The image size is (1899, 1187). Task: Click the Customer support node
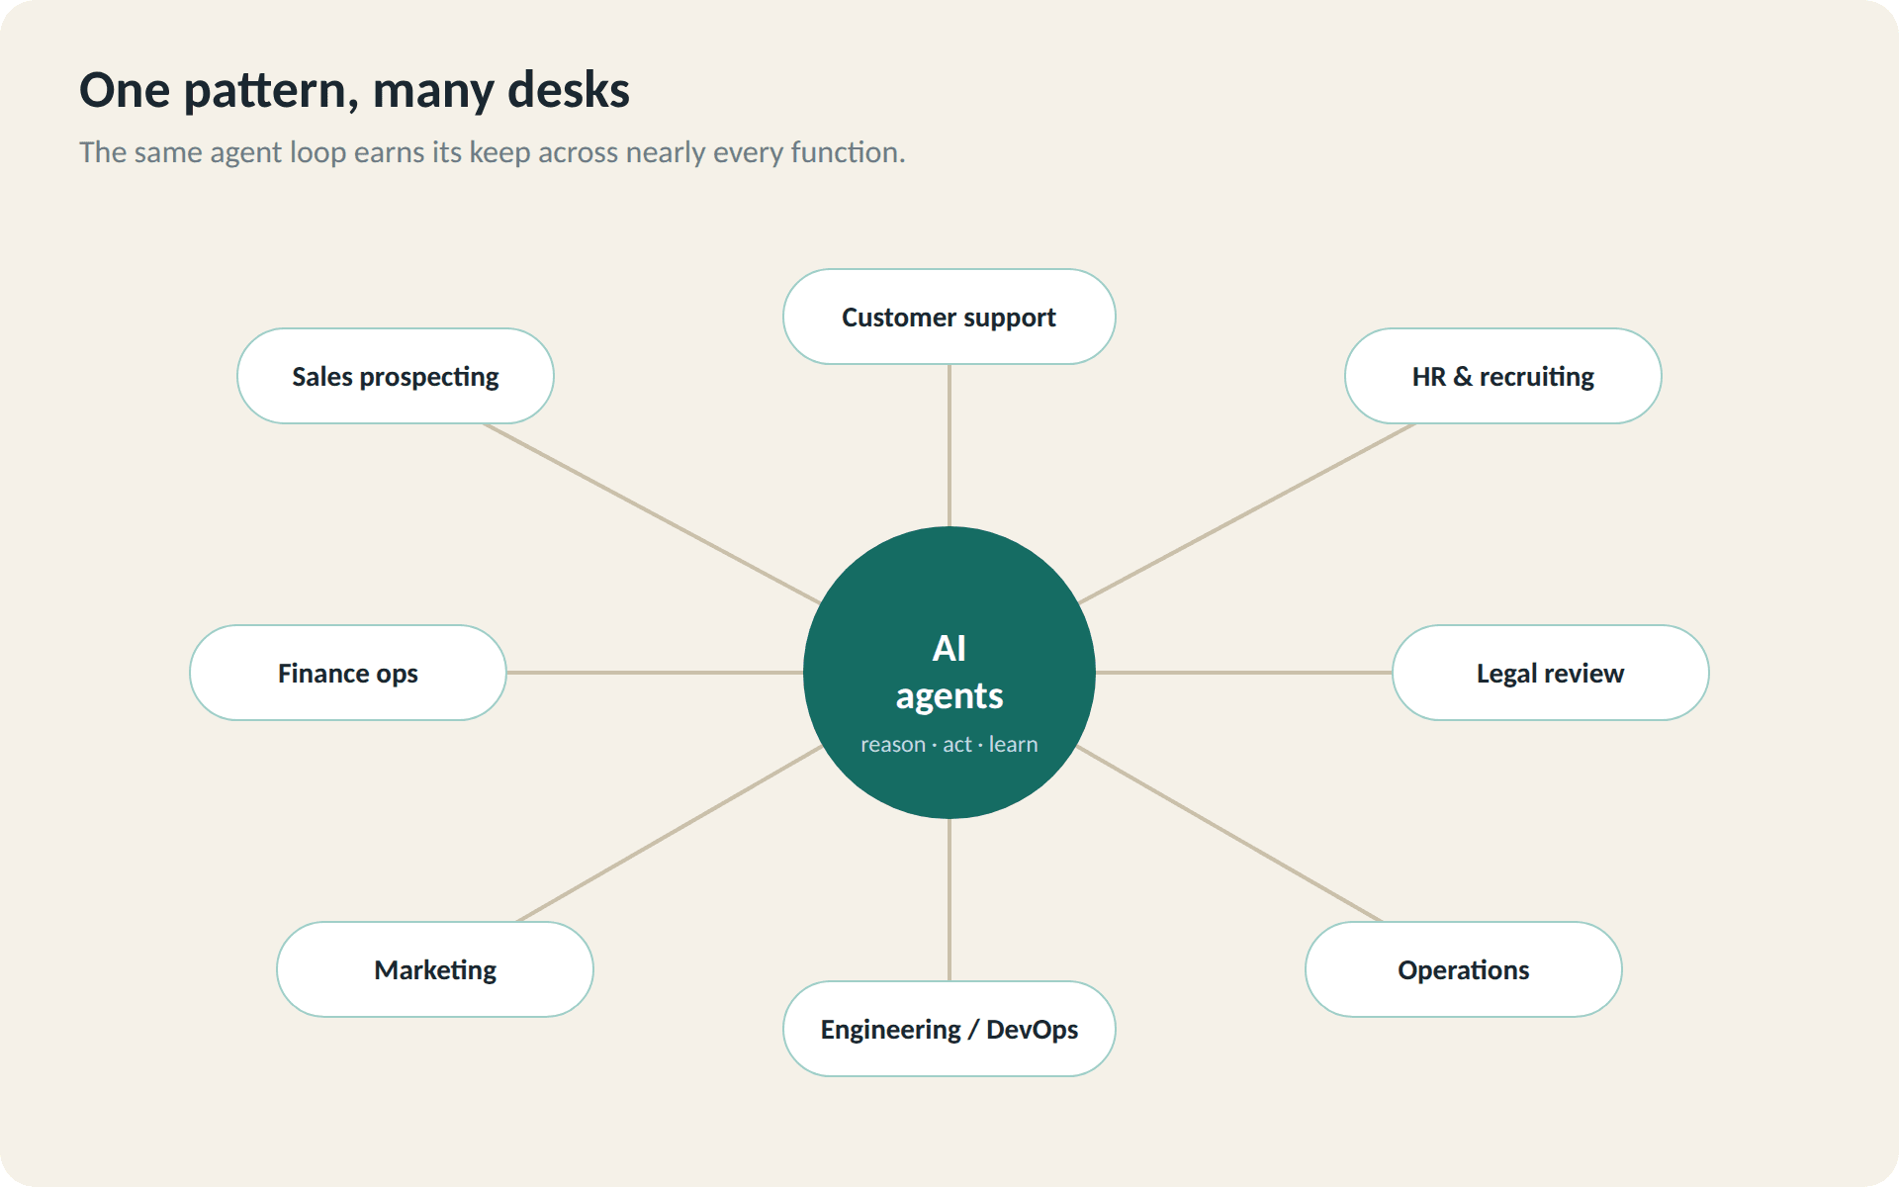coord(949,317)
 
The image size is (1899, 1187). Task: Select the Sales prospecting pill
coord(396,376)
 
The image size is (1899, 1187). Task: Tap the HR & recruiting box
coord(1503,376)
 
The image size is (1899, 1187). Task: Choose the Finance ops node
coord(348,673)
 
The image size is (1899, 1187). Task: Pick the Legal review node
coord(1551,673)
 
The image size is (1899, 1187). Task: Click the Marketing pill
coord(435,969)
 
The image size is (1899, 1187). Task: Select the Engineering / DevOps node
coord(949,1029)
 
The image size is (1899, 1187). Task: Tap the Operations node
coord(1464,969)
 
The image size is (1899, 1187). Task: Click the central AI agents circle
coord(949,673)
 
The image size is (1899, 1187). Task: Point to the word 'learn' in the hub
coord(1014,744)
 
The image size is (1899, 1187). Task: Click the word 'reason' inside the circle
coord(893,745)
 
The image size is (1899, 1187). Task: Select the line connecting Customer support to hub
coord(949,445)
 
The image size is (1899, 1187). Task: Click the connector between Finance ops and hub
coord(655,673)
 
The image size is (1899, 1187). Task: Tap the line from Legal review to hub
coord(1244,673)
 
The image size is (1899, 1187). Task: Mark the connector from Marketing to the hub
coord(670,834)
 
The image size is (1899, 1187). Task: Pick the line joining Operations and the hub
coord(1229,834)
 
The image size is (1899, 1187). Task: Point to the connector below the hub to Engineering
coord(949,900)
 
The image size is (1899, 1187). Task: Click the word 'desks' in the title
coord(569,90)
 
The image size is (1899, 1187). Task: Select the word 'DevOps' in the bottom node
coord(1033,1030)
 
